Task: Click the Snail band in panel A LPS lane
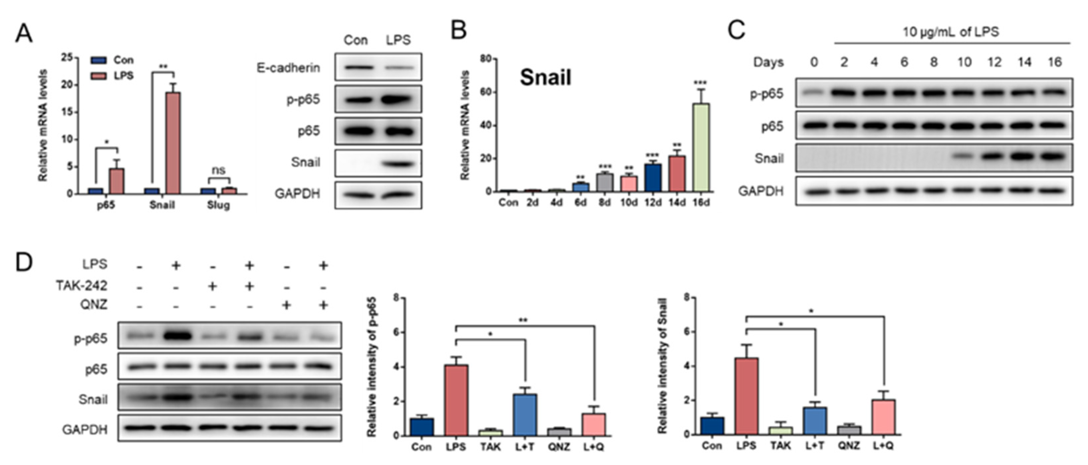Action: [x=399, y=163]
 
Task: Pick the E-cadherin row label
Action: [x=288, y=68]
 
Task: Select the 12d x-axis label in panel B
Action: [x=653, y=202]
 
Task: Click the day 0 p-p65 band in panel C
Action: [x=814, y=93]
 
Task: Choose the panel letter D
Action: [x=24, y=263]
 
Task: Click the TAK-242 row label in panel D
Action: [x=81, y=286]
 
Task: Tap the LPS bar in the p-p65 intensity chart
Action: [x=456, y=400]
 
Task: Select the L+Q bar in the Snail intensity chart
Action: [x=884, y=417]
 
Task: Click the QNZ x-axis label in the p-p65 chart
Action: [x=559, y=447]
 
